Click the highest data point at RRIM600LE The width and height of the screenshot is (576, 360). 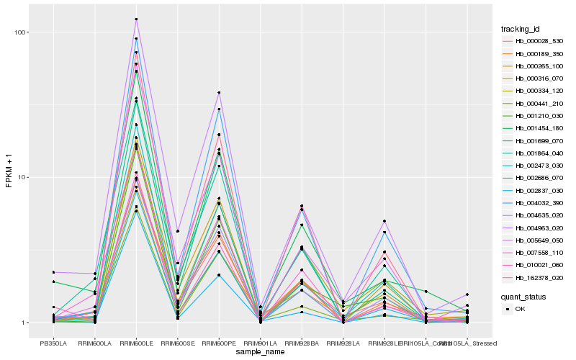click(136, 19)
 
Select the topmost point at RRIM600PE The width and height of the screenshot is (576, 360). click(219, 92)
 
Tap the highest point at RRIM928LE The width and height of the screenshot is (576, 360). click(384, 221)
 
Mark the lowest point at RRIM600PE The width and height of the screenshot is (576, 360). click(219, 276)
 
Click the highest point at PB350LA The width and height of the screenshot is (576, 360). click(53, 272)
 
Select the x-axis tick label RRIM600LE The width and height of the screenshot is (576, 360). click(136, 343)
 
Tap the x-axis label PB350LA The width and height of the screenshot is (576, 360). click(53, 343)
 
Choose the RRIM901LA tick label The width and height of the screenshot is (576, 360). click(260, 343)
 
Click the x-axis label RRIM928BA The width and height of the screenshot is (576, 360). click(302, 343)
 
